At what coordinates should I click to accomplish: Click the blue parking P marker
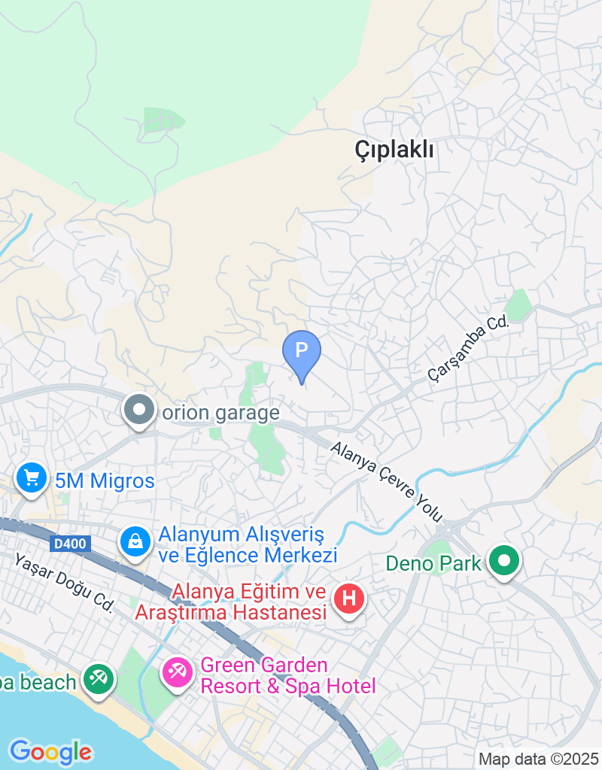[301, 351]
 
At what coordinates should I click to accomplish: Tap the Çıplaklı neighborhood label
[394, 150]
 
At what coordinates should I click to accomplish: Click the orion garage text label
[220, 413]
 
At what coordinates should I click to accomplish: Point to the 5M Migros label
[105, 480]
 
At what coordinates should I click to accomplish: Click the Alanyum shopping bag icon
[135, 541]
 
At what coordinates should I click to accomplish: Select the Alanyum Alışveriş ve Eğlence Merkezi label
[248, 545]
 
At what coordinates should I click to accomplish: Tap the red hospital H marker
[349, 599]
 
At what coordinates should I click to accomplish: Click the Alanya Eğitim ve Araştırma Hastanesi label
[230, 602]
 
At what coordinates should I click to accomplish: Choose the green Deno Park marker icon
[503, 561]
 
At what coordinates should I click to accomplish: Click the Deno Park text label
[433, 562]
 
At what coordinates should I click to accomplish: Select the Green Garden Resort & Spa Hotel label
[287, 675]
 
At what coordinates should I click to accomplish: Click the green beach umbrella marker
[98, 679]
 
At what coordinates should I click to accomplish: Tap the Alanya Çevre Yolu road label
[388, 479]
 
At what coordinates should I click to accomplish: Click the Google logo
[50, 751]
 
